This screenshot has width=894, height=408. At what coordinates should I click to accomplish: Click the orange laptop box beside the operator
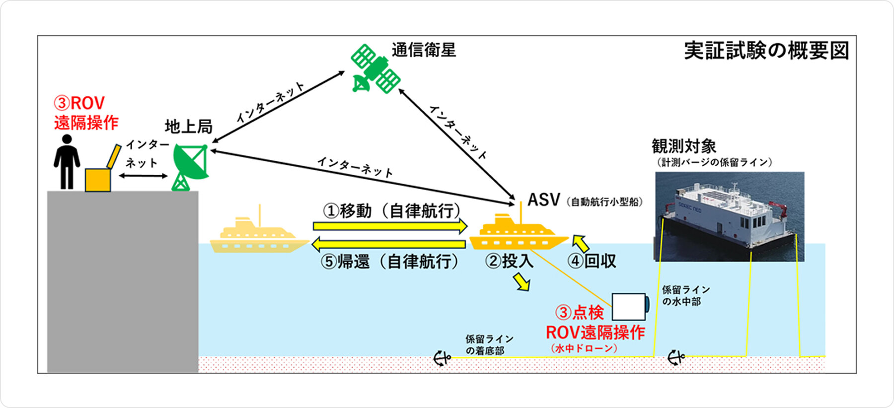coord(98,180)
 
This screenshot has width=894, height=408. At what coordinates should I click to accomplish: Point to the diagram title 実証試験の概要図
coord(766,51)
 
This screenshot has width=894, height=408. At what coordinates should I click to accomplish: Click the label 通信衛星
coord(423,50)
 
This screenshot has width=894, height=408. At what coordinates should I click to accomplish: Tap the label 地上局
coord(188,127)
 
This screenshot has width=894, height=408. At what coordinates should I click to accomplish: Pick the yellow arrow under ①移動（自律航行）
coord(390,226)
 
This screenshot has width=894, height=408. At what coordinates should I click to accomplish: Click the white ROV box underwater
coord(629,307)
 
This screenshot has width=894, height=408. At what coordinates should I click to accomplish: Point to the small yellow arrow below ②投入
coord(521,282)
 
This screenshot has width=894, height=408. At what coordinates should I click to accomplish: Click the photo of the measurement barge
coord(729,216)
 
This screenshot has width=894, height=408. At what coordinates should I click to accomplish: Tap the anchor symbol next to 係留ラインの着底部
coord(441,357)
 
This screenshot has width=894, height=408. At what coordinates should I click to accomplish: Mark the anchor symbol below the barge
coord(675,357)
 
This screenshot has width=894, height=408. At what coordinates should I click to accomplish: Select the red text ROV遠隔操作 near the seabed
coord(595,333)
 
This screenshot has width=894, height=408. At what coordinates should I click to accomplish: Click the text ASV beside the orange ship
coord(543,200)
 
